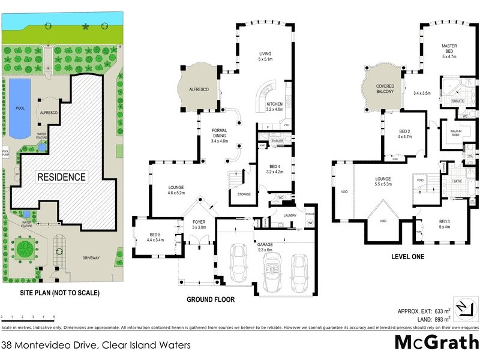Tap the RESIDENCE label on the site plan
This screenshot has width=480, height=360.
point(62,177)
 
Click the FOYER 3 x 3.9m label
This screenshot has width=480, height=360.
point(198,224)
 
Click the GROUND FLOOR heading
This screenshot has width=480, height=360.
point(210,299)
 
